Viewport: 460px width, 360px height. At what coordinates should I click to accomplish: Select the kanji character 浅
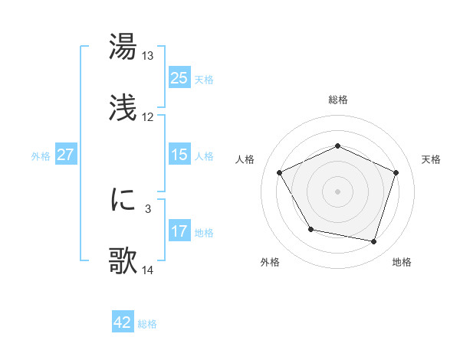123,108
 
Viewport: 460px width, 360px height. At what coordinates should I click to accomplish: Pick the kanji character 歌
123,261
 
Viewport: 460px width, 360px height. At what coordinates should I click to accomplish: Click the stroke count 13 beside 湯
148,56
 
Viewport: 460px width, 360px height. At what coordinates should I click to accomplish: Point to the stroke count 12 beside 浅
148,117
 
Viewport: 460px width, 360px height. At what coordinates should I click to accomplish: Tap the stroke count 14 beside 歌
148,270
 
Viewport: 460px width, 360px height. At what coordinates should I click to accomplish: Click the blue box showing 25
179,78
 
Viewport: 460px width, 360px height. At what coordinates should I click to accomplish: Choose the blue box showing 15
179,155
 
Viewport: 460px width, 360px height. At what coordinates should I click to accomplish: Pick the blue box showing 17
179,231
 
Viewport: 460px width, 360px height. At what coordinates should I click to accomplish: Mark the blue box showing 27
65,155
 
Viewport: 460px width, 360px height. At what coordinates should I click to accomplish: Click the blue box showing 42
123,322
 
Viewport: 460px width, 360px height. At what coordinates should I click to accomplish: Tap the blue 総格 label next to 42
147,324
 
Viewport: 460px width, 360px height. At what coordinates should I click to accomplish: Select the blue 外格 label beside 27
41,155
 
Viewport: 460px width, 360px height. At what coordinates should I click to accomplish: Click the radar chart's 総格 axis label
337,100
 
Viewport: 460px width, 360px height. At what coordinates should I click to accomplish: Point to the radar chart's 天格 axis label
431,159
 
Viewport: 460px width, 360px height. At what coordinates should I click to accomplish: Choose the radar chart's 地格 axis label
402,262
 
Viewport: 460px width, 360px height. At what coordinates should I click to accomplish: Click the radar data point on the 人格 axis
280,172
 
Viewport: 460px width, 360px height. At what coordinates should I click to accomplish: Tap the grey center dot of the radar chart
337,191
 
